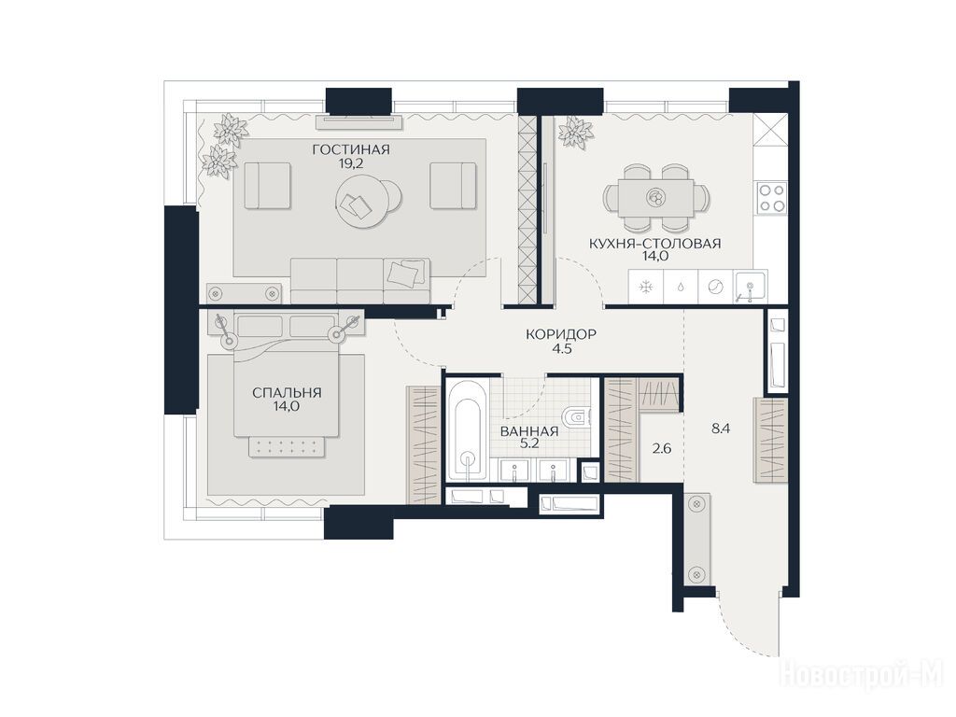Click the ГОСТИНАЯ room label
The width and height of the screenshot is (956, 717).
coord(351,149)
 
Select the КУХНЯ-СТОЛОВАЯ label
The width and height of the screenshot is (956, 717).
coord(654,244)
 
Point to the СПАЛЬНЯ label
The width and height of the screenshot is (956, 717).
coord(287,393)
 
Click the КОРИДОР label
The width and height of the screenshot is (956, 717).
coord(561,334)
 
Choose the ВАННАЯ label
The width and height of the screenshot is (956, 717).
coord(529,431)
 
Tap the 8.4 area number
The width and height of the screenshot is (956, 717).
coord(721,429)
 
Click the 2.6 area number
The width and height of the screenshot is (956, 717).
coord(662,449)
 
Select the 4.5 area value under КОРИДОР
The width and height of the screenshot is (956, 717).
coord(561,349)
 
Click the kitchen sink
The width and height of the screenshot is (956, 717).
coord(752,287)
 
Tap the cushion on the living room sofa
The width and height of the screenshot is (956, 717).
coord(405,272)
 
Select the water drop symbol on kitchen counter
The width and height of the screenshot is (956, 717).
coord(681,287)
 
